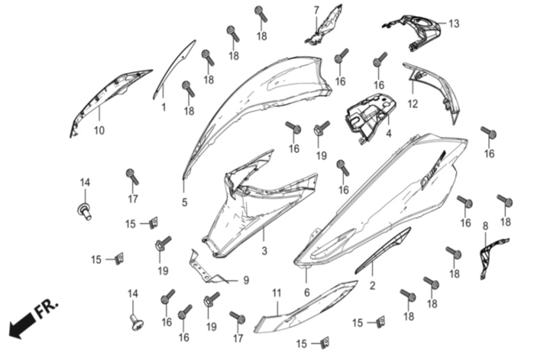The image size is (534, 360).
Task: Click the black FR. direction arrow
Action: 22,326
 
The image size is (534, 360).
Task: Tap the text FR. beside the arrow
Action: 47,309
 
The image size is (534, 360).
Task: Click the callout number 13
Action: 453,24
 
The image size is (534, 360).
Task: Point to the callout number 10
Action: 99,130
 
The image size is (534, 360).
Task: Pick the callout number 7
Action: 316,10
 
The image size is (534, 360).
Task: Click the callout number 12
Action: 413,104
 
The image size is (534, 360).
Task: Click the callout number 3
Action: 265,251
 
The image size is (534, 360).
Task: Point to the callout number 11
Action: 276,293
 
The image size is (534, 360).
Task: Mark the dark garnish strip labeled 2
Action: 383,251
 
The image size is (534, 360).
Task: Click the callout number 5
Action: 184,203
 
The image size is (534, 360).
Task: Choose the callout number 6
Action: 307,292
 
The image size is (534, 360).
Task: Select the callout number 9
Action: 246,281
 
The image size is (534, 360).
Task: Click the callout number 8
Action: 485,226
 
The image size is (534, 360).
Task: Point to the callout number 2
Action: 372,285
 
